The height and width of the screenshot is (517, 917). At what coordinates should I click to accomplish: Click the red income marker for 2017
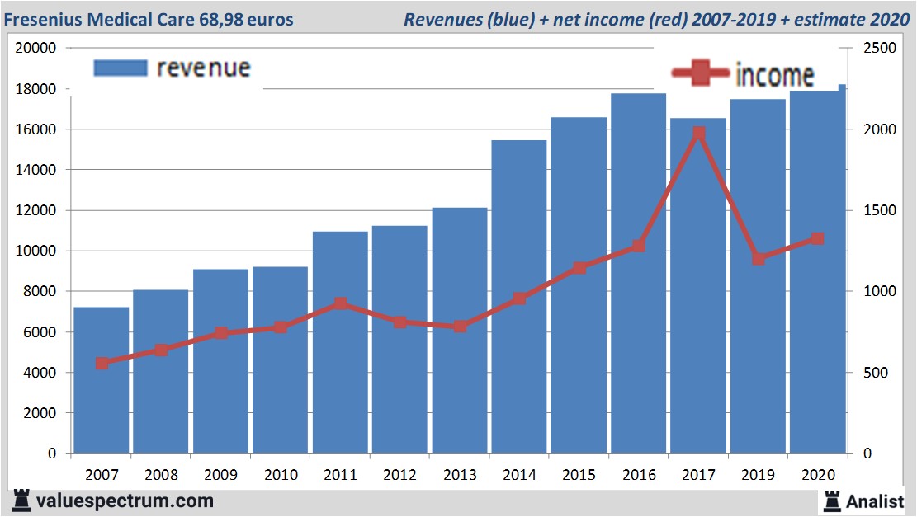tap(698, 133)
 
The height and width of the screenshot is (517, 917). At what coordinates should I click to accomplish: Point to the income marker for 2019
tap(759, 259)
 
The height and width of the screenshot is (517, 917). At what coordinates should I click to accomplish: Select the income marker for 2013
tap(460, 327)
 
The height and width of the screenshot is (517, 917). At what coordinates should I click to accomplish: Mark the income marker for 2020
tap(817, 239)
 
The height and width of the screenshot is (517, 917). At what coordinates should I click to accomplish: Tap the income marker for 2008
tap(161, 350)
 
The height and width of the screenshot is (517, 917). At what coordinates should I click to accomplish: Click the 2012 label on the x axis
tap(400, 475)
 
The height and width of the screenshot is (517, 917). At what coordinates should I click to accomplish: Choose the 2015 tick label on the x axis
tap(579, 475)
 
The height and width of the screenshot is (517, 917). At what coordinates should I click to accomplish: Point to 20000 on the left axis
tap(35, 49)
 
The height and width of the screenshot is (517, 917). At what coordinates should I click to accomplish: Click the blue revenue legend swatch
tap(120, 68)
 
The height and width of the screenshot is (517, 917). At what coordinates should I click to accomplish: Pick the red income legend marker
tap(700, 75)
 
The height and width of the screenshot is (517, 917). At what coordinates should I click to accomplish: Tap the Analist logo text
tap(875, 501)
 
